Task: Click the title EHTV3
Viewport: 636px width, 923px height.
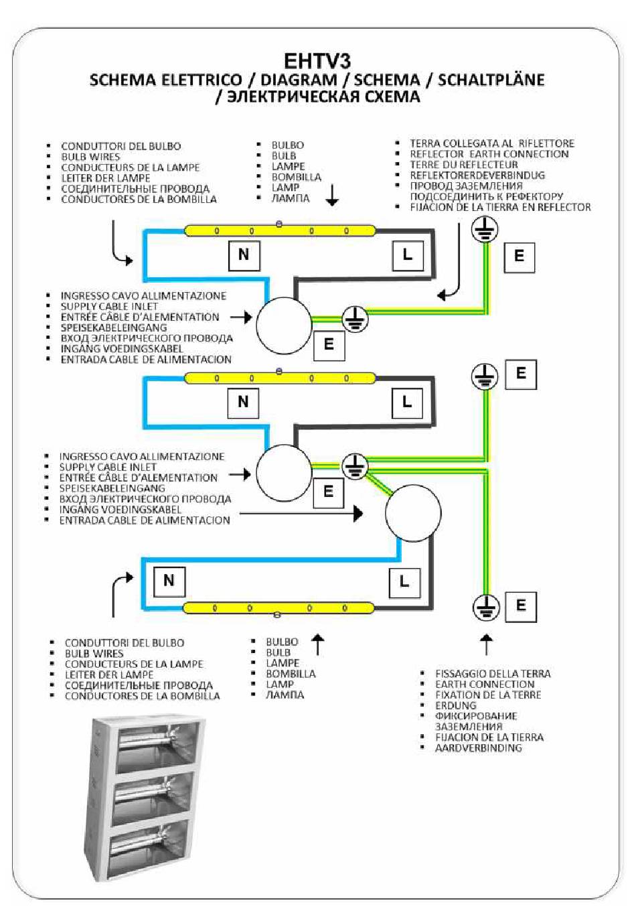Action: (317, 61)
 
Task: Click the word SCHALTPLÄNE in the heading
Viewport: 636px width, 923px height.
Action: (491, 80)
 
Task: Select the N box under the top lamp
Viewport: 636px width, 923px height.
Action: (244, 255)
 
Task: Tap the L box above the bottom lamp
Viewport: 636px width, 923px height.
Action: (404, 583)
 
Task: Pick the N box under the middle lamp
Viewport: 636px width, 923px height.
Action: (244, 403)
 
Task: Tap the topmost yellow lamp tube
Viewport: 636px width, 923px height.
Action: (280, 230)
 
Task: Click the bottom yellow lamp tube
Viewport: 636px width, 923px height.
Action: (279, 608)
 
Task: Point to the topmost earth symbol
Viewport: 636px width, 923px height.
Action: (485, 229)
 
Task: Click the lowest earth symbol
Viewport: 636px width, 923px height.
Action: (486, 608)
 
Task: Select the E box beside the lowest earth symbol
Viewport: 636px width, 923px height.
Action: (521, 607)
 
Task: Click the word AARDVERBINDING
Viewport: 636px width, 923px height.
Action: (478, 748)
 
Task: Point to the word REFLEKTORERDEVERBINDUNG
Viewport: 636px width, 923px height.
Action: (477, 175)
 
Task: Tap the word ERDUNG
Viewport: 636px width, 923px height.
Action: (456, 705)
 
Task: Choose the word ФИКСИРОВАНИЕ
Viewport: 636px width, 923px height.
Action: (476, 716)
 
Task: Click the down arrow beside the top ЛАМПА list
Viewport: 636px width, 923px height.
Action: (332, 195)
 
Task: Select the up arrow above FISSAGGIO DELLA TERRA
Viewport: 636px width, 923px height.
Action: (487, 644)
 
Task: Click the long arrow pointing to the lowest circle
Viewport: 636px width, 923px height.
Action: (301, 514)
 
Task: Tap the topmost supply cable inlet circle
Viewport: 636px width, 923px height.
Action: (285, 326)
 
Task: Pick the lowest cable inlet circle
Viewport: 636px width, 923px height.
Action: (413, 513)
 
